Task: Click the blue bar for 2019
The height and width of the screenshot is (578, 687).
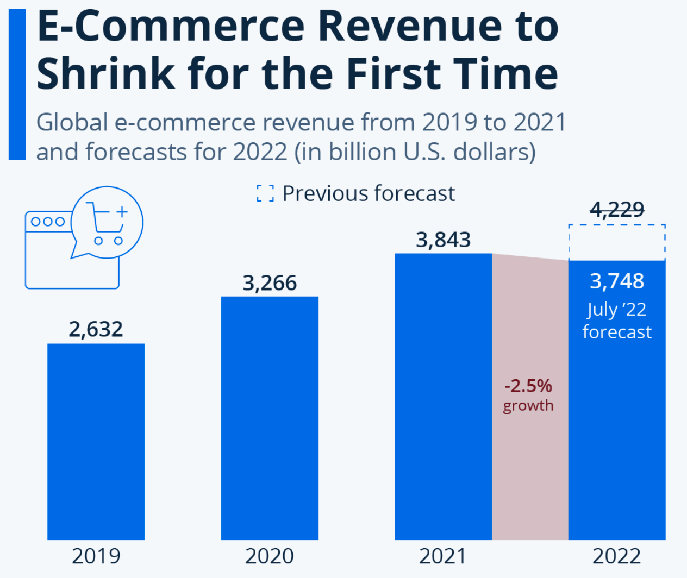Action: (x=96, y=441)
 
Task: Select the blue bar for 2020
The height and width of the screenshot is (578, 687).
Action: (x=270, y=418)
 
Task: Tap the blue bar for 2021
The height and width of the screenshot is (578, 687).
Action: (x=443, y=397)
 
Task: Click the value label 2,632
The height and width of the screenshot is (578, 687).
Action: (x=96, y=329)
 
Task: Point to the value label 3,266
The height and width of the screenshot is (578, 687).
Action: (x=270, y=283)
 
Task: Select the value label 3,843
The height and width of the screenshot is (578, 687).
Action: (x=443, y=240)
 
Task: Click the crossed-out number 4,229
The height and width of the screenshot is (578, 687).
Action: (x=617, y=209)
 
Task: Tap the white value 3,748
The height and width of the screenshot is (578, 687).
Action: (x=617, y=281)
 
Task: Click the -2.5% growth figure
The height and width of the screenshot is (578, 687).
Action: (x=528, y=386)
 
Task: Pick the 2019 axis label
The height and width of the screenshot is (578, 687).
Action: (x=96, y=556)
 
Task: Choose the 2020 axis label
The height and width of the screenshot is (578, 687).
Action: (x=270, y=556)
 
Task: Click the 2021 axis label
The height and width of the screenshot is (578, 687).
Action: (x=443, y=556)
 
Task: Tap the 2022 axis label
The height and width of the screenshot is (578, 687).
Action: (x=617, y=556)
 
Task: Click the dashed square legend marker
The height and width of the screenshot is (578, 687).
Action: (x=265, y=193)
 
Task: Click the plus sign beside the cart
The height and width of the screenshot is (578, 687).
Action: (x=122, y=212)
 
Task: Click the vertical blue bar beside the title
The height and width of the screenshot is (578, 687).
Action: (x=17, y=84)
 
